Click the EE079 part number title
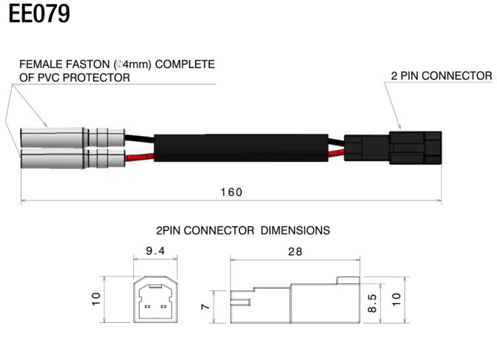tap(40, 14)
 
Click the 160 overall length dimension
tap(231, 192)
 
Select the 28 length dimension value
tap(295, 251)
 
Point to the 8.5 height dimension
tap(372, 303)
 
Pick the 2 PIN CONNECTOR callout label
tap(442, 76)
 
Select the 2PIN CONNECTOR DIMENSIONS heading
tap(243, 231)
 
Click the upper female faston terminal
tap(67, 138)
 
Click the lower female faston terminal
tap(67, 159)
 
